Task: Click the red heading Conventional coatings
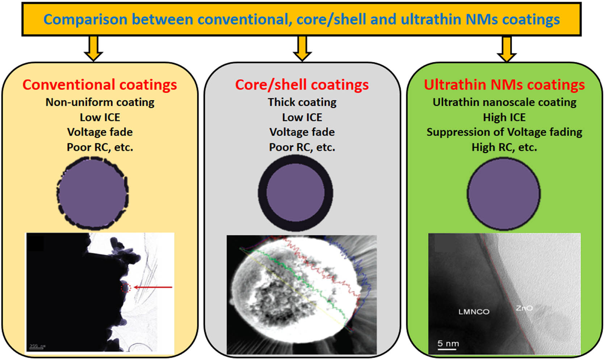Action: (100, 85)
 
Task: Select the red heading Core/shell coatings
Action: (302, 85)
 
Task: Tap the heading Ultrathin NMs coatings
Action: (504, 85)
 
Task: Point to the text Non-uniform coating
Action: (100, 102)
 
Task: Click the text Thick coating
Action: (302, 102)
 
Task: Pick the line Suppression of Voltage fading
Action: (504, 132)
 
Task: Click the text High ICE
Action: (504, 117)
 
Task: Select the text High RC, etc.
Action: (504, 147)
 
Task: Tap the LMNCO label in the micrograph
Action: (474, 311)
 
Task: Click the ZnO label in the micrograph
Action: (524, 308)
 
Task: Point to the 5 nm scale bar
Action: (448, 344)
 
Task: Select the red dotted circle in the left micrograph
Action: (125, 288)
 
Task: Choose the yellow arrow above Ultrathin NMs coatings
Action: (506, 49)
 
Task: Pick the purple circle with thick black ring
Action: (295, 193)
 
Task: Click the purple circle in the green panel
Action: (503, 194)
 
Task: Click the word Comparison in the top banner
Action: (85, 20)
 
